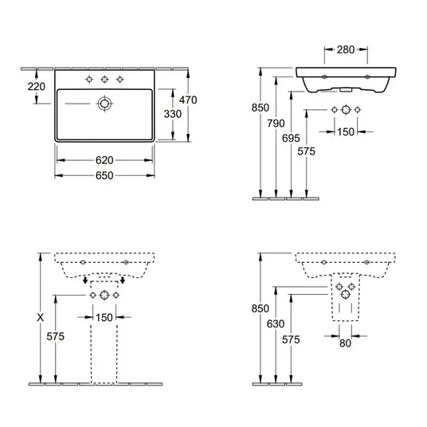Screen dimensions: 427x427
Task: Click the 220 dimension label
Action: coord(36,87)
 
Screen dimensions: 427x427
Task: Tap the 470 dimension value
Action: coord(188,100)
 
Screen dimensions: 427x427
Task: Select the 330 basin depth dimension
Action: coord(173,114)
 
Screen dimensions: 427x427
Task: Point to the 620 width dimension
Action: coord(104,160)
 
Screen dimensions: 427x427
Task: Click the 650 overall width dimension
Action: coord(104,175)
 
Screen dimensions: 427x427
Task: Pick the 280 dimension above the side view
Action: coord(346,49)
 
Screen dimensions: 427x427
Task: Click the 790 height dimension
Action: coord(276,123)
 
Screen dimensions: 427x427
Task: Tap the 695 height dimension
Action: coord(291,139)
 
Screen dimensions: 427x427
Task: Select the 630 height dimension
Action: coord(276,323)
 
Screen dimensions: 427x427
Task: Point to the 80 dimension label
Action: coord(345,343)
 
